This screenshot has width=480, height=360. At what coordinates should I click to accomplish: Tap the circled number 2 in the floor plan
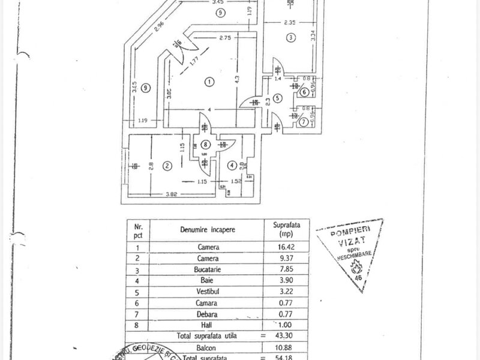[169, 166]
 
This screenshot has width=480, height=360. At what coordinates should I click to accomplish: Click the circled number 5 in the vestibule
[277, 98]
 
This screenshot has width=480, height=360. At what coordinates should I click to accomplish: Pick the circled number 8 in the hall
[206, 144]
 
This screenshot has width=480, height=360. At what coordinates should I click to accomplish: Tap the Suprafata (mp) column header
[285, 230]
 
